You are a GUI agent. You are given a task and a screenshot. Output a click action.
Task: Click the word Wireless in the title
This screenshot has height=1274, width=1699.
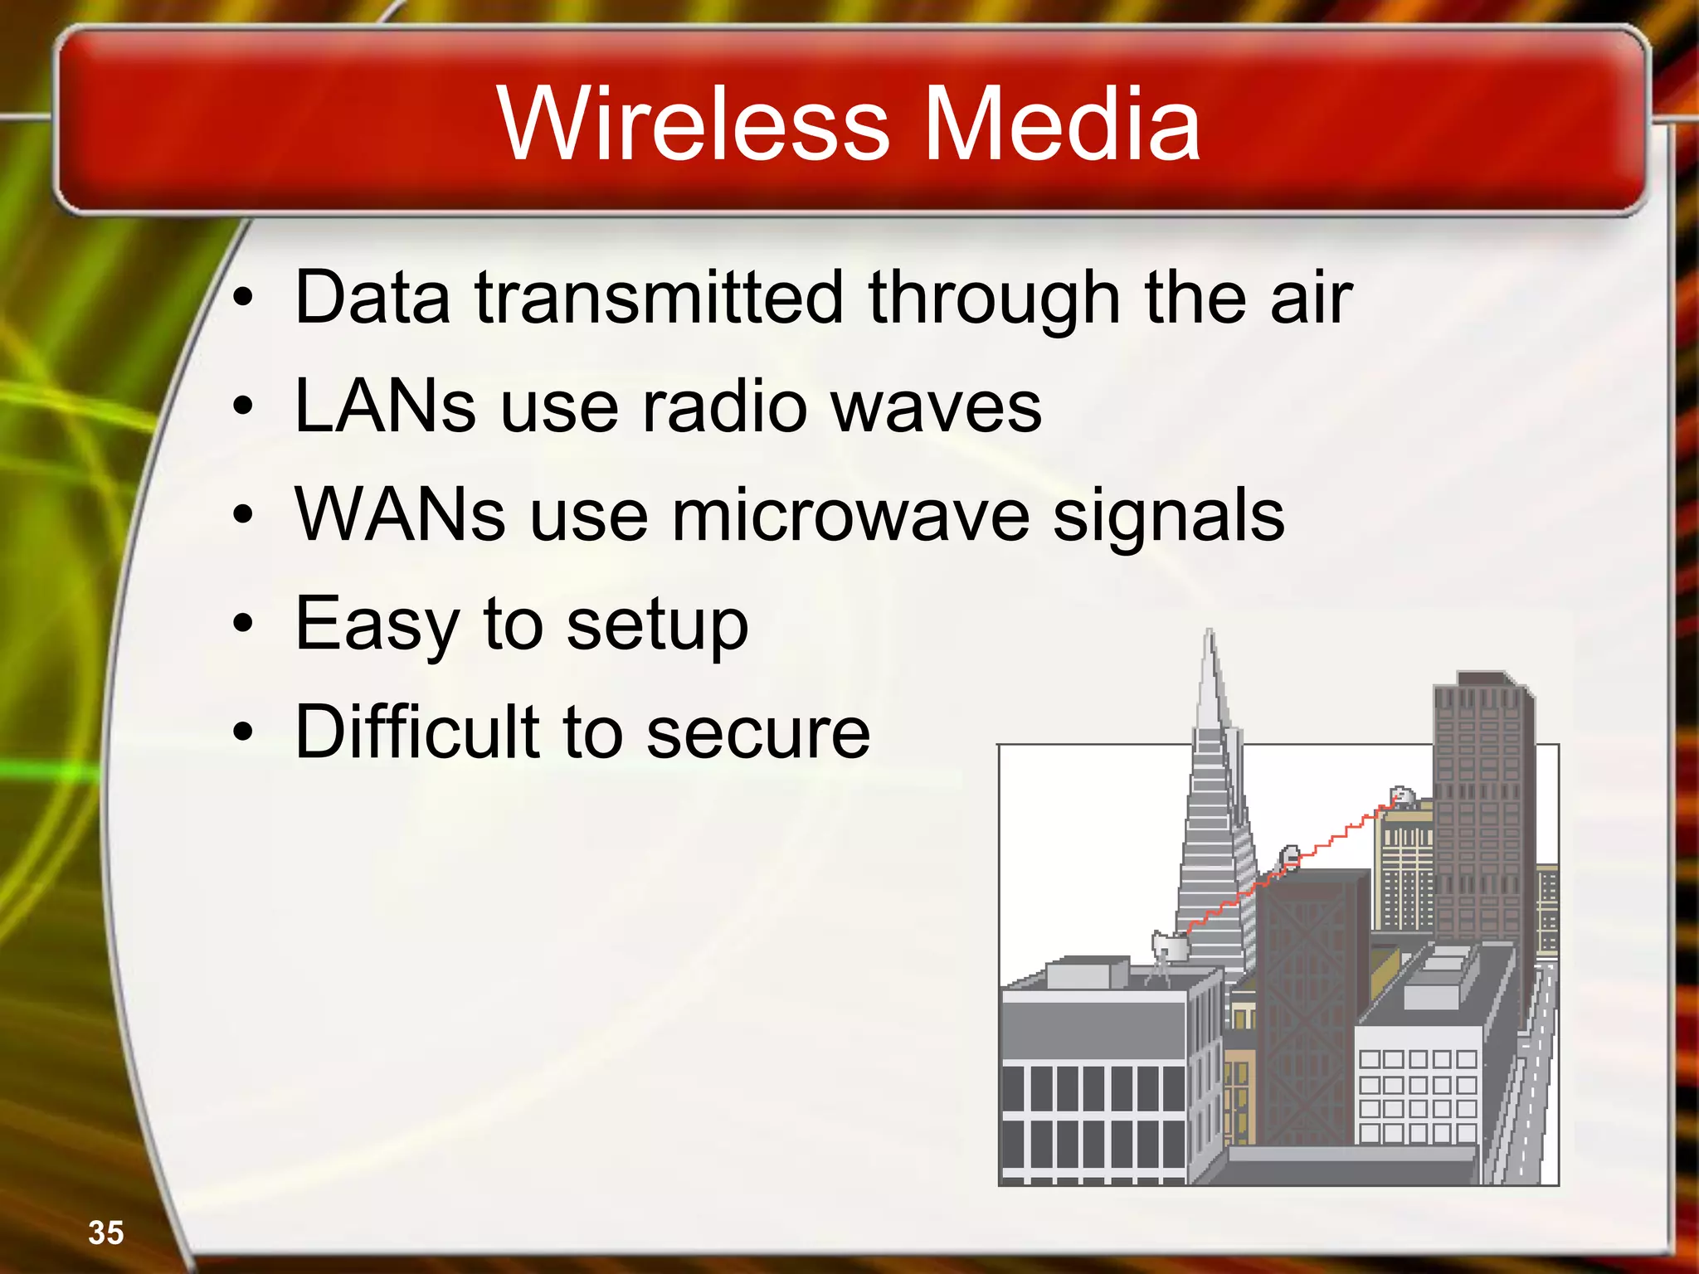click(694, 124)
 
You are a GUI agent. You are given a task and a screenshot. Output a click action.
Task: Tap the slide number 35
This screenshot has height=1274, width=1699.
click(105, 1233)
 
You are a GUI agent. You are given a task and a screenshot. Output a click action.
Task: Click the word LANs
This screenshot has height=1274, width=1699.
click(385, 406)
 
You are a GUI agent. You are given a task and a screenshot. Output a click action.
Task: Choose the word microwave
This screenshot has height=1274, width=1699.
click(850, 515)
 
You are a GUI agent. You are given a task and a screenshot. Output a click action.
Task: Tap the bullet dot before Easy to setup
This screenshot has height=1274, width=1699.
click(242, 624)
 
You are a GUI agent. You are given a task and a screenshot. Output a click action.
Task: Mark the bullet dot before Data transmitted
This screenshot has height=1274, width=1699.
click(242, 299)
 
